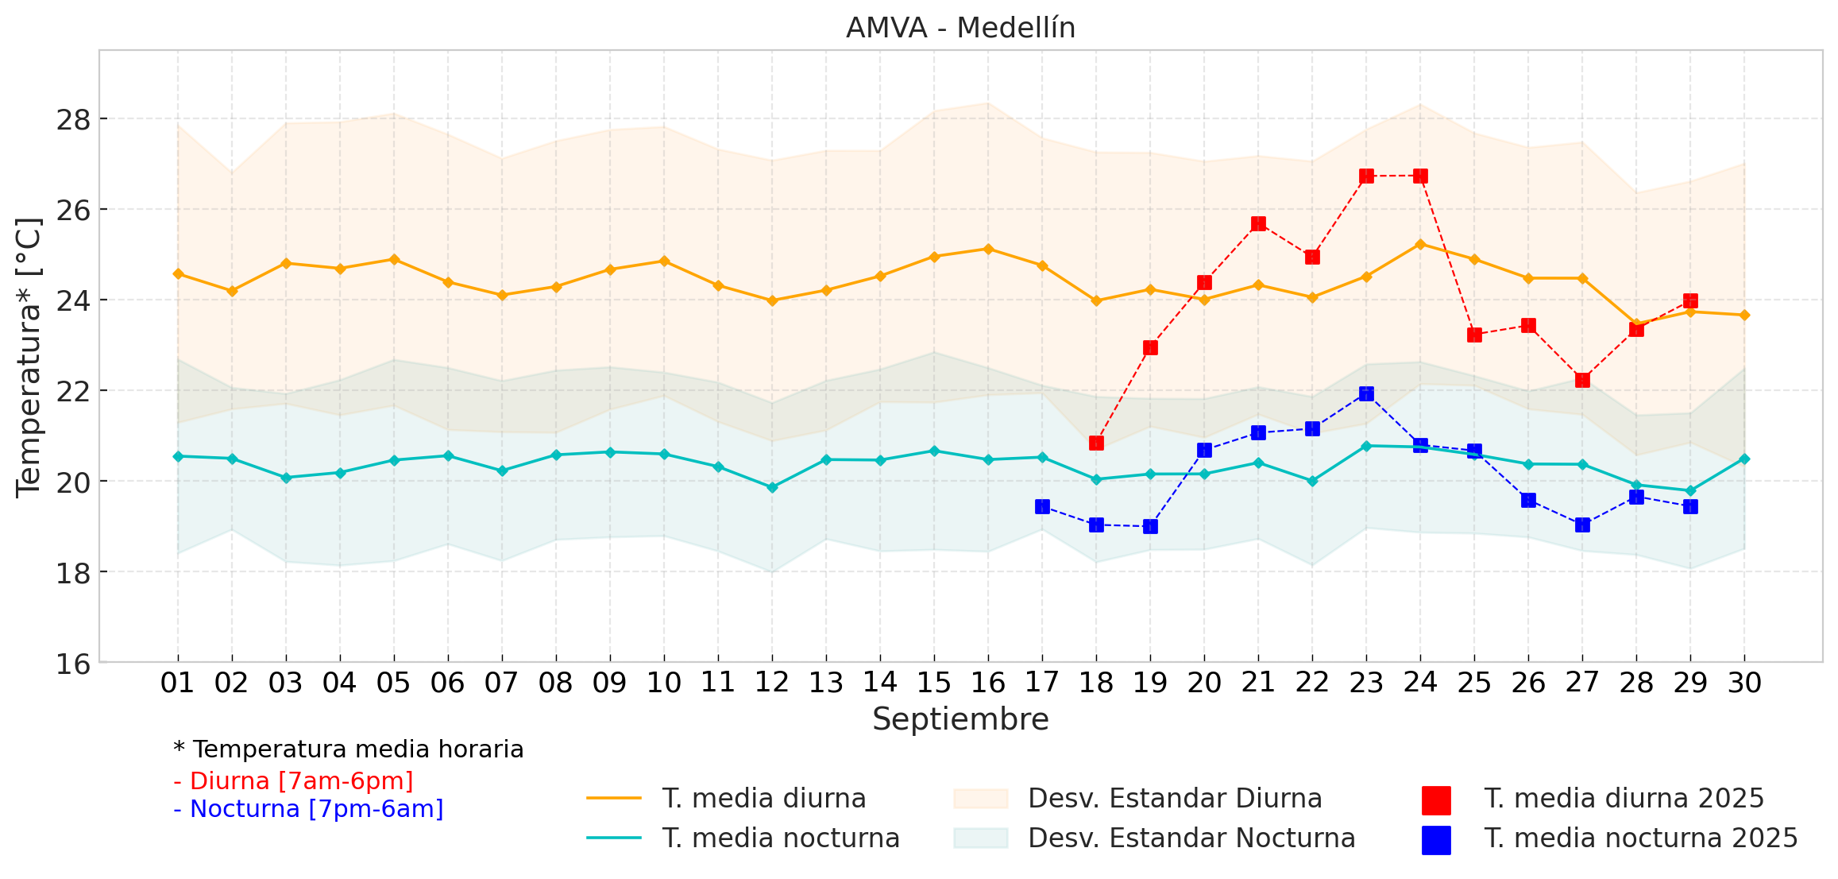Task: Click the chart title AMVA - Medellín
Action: (960, 28)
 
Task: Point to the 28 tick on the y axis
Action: (72, 120)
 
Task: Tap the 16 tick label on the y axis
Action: (72, 664)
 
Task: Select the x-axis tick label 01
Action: (177, 683)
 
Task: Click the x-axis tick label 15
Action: (934, 683)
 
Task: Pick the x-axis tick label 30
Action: (1744, 683)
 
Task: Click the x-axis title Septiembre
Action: (960, 719)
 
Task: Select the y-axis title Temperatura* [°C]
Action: (29, 357)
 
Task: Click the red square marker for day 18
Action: (1096, 443)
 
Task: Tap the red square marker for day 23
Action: (1366, 176)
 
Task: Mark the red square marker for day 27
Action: (1582, 380)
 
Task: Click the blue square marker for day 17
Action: (1042, 506)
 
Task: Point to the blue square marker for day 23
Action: (1366, 393)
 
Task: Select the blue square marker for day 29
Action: (1690, 506)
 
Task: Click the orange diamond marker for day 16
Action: (988, 249)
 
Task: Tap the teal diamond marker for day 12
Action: (772, 487)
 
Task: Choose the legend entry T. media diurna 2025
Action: (1623, 799)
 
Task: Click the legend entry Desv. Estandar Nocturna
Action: (1191, 838)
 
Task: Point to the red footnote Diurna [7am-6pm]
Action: (294, 781)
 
